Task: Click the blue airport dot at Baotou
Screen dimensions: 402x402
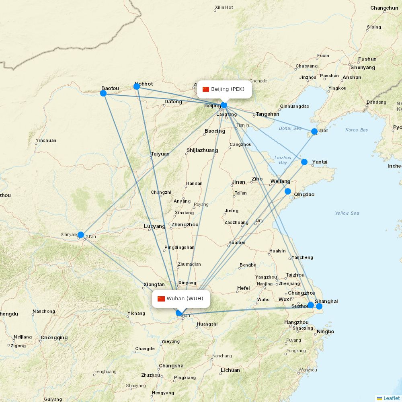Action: click(x=103, y=93)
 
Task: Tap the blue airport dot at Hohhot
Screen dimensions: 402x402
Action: click(x=137, y=86)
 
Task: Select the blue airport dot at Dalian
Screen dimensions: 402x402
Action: click(x=314, y=131)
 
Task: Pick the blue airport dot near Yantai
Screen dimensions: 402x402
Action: click(x=304, y=162)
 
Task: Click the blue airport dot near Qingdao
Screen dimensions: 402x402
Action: click(x=288, y=191)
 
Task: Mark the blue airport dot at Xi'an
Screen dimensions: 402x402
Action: click(x=81, y=235)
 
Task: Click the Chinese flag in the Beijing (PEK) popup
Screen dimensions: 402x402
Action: click(x=206, y=89)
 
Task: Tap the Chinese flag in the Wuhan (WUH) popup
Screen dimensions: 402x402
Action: click(x=161, y=299)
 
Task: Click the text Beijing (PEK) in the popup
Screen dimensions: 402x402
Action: click(x=228, y=89)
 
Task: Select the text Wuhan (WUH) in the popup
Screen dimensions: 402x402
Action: click(x=185, y=299)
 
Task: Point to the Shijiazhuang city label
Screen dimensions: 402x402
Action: click(x=202, y=151)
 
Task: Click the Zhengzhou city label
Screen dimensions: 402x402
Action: click(x=185, y=225)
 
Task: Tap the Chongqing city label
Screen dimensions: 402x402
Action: click(x=54, y=338)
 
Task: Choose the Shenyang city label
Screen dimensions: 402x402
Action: click(x=363, y=68)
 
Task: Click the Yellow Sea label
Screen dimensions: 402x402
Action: click(x=347, y=213)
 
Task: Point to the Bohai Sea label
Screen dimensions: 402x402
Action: click(x=290, y=129)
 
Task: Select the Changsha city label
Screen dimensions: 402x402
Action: click(x=171, y=366)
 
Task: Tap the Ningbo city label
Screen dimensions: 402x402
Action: click(x=325, y=332)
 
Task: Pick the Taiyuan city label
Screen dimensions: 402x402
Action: click(x=160, y=154)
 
